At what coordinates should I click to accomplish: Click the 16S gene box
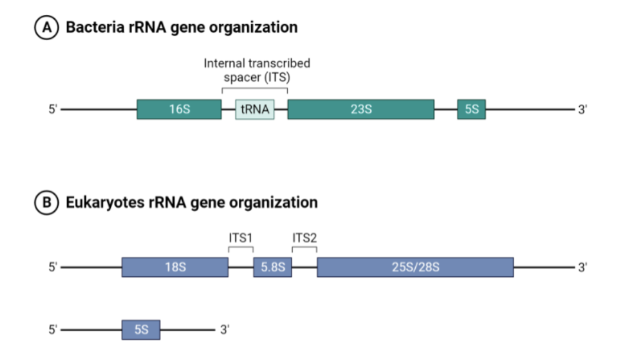(x=179, y=109)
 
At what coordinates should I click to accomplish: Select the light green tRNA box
(x=255, y=109)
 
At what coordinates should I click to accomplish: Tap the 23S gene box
(x=361, y=109)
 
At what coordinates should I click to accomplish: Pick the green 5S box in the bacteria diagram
(x=471, y=109)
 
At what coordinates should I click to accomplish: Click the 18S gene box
(x=175, y=267)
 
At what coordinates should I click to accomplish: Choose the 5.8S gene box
(x=272, y=267)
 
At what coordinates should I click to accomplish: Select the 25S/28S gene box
(x=415, y=267)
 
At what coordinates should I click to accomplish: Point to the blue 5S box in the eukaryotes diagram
(x=141, y=330)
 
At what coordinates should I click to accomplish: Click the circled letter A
(x=45, y=28)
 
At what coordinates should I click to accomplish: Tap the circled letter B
(x=45, y=202)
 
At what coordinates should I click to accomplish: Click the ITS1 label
(x=241, y=238)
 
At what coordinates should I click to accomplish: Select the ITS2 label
(x=304, y=238)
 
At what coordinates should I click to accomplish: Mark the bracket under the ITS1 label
(x=241, y=248)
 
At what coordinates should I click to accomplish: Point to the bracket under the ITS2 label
(x=304, y=248)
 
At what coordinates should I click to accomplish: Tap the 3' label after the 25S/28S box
(x=582, y=267)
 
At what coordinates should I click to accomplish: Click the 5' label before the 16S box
(x=53, y=109)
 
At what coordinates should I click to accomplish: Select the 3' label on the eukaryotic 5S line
(x=224, y=330)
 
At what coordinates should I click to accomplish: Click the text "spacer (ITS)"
(x=257, y=77)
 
